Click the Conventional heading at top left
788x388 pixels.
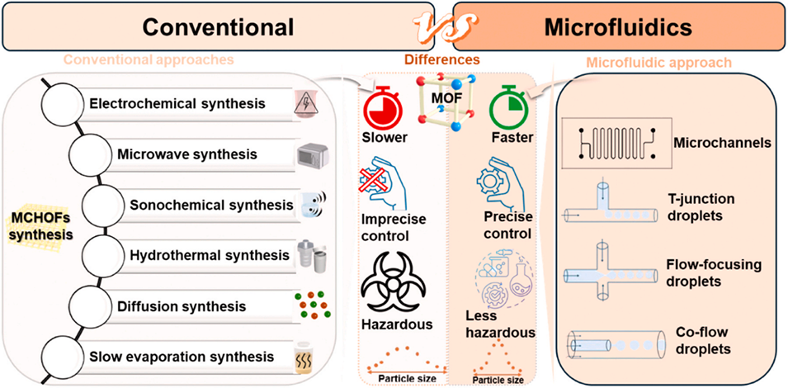(x=218, y=26)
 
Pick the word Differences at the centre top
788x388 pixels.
(x=442, y=59)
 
